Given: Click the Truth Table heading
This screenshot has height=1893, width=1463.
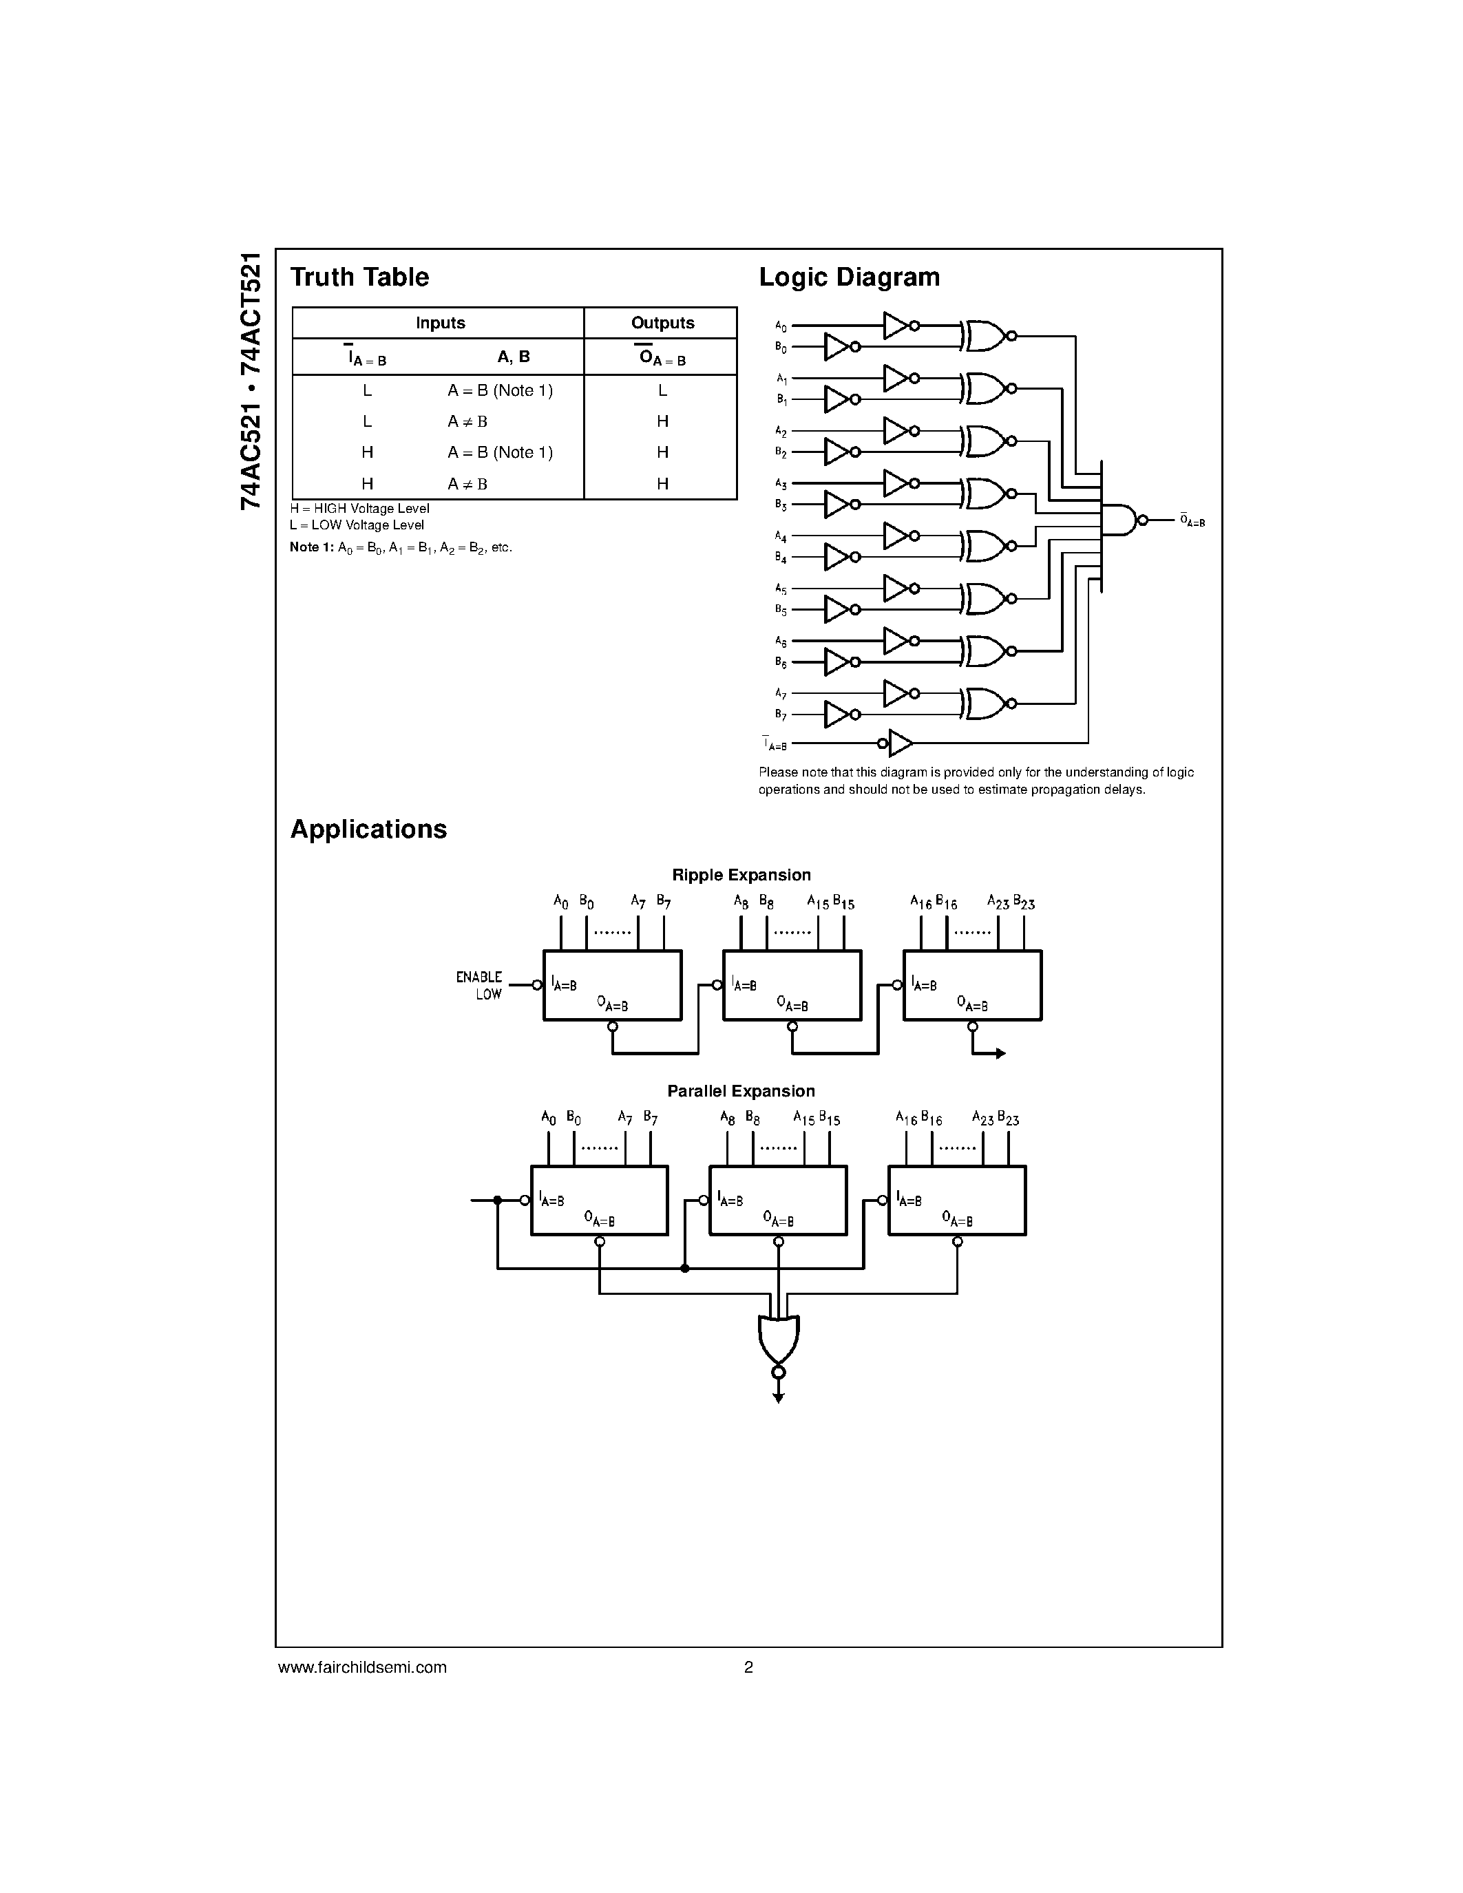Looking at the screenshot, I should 359,277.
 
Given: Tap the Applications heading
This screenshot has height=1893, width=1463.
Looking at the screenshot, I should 368,829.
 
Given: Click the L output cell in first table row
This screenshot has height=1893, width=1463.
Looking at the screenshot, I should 662,391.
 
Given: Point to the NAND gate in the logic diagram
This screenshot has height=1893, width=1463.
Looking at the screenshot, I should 1119,520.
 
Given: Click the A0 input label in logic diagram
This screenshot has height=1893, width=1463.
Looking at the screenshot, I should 781,327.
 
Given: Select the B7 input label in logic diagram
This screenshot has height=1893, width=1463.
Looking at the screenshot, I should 781,715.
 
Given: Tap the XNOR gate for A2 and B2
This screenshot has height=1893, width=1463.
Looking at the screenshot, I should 985,441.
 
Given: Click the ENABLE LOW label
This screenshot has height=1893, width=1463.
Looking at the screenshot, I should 479,986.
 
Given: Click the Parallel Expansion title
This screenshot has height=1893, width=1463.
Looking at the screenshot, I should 741,1091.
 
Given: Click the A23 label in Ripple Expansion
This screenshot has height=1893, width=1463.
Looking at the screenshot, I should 998,902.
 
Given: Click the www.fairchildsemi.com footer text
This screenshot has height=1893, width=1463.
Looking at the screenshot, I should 362,1667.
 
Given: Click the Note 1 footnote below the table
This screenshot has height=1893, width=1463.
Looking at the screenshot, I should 401,548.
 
